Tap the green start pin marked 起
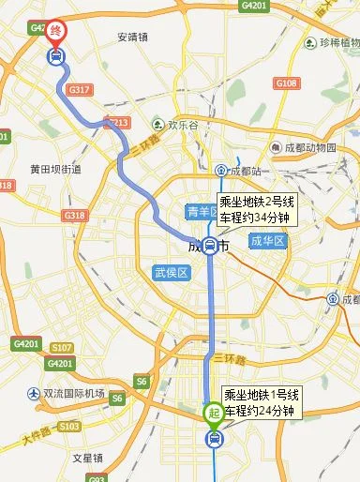click(x=215, y=412)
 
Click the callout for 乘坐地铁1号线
click(x=260, y=402)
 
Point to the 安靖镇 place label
click(x=135, y=38)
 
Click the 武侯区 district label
click(x=172, y=273)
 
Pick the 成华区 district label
click(x=267, y=241)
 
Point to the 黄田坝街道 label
click(x=55, y=170)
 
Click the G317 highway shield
click(x=79, y=89)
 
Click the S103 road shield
click(x=68, y=426)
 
